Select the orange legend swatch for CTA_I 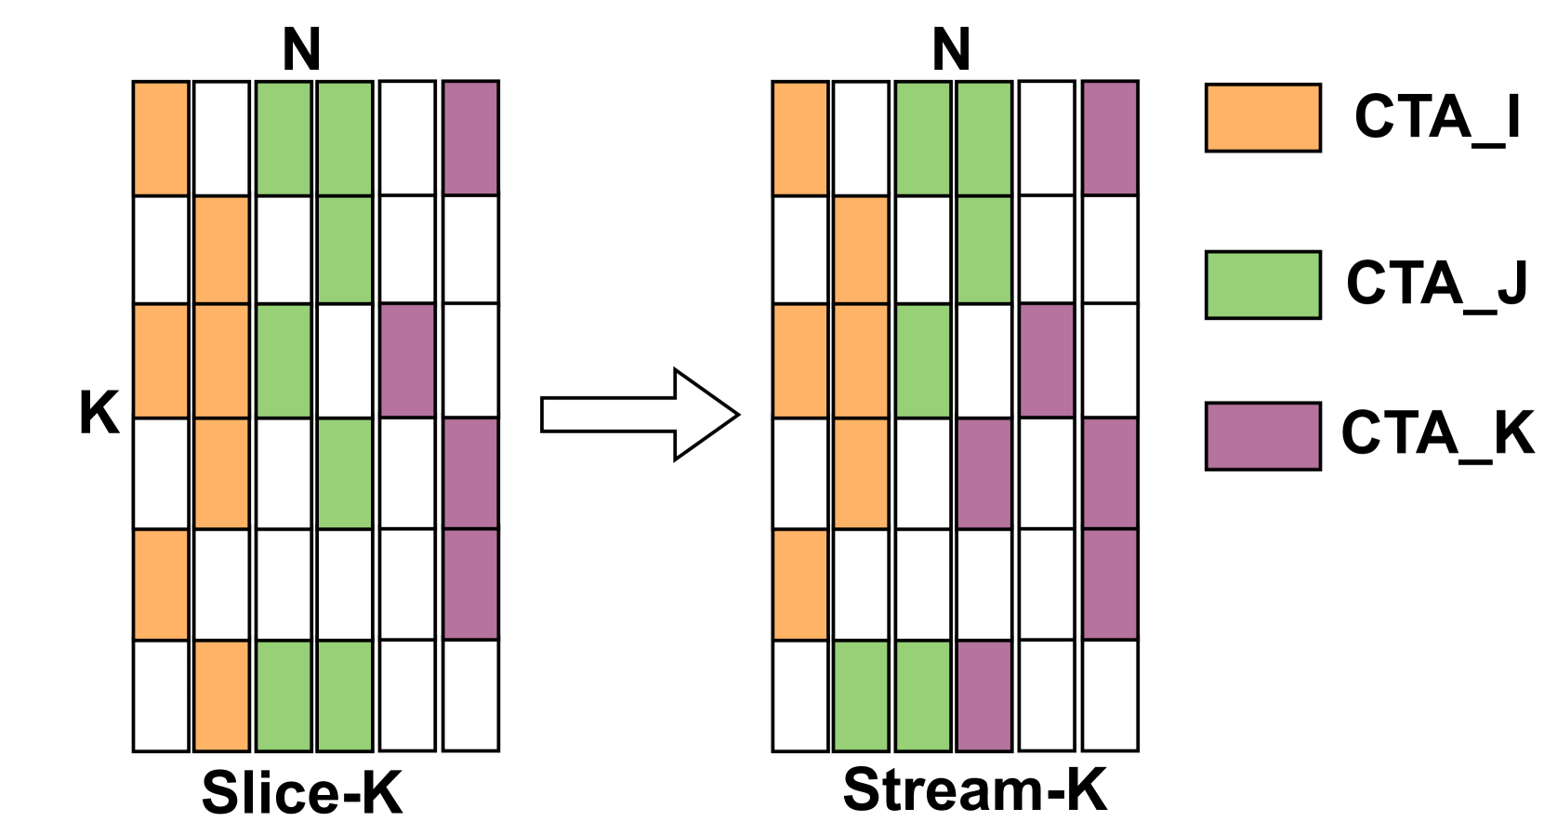pyautogui.click(x=1262, y=118)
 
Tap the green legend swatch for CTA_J pyautogui.click(x=1262, y=285)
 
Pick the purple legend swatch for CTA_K pyautogui.click(x=1262, y=436)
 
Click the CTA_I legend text pyautogui.click(x=1437, y=118)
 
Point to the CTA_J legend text pyautogui.click(x=1437, y=284)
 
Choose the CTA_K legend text pyautogui.click(x=1437, y=433)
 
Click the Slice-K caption pyautogui.click(x=302, y=793)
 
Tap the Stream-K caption pyautogui.click(x=974, y=790)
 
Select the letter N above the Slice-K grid pyautogui.click(x=301, y=49)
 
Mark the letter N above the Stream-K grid pyautogui.click(x=951, y=49)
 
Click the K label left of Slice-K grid pyautogui.click(x=99, y=413)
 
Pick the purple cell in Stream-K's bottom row pyautogui.click(x=984, y=696)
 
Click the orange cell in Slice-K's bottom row pyautogui.click(x=221, y=696)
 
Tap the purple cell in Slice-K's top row pyautogui.click(x=470, y=138)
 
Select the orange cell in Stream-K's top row pyautogui.click(x=799, y=138)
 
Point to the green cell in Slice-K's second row pyautogui.click(x=345, y=249)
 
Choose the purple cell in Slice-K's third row pyautogui.click(x=407, y=360)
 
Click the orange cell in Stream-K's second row pyautogui.click(x=861, y=249)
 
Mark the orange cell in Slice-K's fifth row pyautogui.click(x=161, y=584)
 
